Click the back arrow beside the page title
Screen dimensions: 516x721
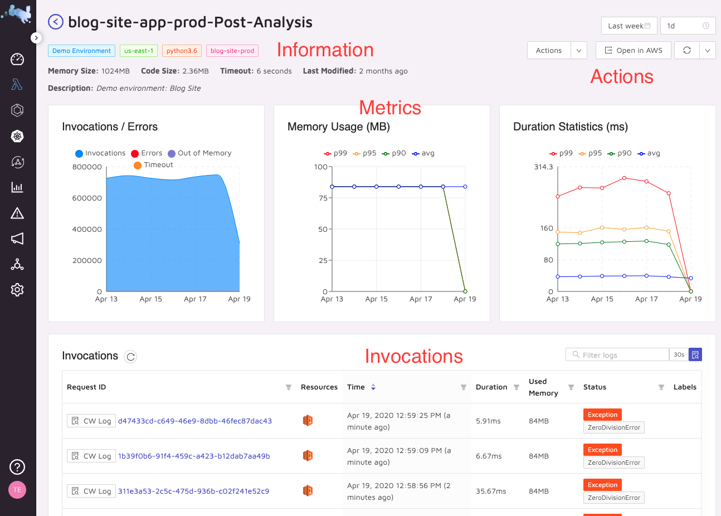click(56, 22)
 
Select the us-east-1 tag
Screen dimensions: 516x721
click(139, 51)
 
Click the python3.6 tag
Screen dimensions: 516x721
click(182, 51)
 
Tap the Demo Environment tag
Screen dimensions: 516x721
click(81, 51)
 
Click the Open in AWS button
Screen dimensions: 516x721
click(634, 50)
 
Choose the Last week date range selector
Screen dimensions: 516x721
click(629, 26)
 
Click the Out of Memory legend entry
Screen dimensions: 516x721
click(199, 153)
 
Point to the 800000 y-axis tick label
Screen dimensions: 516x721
click(87, 167)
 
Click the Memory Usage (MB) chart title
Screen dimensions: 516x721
click(338, 126)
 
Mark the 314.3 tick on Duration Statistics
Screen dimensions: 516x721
click(543, 167)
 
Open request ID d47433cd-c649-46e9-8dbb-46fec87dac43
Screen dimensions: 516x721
click(195, 421)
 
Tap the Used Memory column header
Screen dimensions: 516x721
click(543, 387)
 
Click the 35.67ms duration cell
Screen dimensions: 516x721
click(491, 491)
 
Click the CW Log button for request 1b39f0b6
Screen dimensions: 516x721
click(91, 456)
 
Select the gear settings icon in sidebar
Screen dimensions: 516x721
click(17, 290)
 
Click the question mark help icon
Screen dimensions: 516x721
click(17, 467)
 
